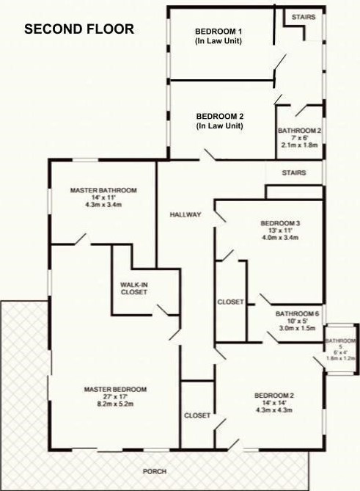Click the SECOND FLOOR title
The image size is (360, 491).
79,30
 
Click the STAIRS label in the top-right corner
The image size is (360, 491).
304,16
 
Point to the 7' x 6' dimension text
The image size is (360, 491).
299,138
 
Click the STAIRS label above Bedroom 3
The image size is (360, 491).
293,173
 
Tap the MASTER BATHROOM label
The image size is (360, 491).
103,191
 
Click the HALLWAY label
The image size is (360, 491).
184,215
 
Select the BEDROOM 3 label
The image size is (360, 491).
281,223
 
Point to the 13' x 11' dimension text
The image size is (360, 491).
281,230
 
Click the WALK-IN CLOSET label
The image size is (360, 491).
134,288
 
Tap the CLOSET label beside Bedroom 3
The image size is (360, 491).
230,302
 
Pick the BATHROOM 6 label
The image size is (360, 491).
297,313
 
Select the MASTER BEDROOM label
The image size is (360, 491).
115,389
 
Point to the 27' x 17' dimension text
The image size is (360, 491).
115,396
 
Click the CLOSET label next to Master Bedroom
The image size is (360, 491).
197,415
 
